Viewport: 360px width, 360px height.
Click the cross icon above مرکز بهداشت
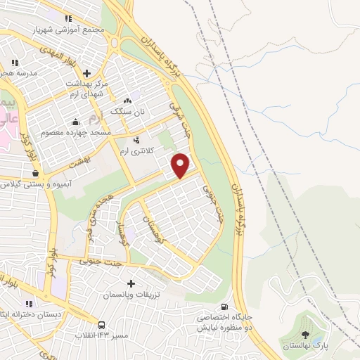(x=86, y=72)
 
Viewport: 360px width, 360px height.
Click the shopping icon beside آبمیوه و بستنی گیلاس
(x=35, y=173)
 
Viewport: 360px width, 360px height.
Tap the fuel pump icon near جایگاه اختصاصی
(x=224, y=307)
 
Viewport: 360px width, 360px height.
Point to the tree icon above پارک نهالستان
(x=305, y=334)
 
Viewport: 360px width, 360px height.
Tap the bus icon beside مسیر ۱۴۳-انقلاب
(x=102, y=325)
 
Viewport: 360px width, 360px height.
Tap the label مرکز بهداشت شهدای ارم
(x=86, y=89)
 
